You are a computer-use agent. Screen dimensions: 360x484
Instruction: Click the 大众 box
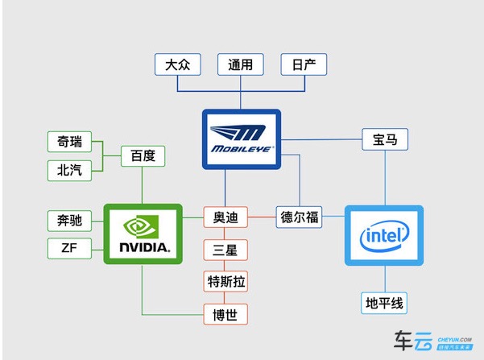click(177, 64)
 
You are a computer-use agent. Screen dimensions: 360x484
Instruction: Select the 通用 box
click(241, 64)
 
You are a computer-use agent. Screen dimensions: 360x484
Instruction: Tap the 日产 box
click(304, 64)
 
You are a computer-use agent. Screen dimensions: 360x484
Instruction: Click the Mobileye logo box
click(241, 139)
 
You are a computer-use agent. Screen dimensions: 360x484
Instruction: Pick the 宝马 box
click(385, 139)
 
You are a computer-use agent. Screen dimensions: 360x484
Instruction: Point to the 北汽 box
click(68, 169)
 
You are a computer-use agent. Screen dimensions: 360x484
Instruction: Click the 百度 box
click(143, 155)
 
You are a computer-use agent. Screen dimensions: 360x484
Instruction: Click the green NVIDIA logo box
click(143, 233)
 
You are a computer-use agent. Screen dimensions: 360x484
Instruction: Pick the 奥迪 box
click(225, 217)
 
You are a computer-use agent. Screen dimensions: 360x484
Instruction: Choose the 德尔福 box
click(299, 217)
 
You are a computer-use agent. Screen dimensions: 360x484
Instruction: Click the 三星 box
click(225, 249)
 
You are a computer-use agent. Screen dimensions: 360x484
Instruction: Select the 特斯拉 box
click(225, 281)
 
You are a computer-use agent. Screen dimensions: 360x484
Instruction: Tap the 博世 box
click(225, 313)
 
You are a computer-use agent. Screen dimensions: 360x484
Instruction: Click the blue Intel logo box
click(384, 234)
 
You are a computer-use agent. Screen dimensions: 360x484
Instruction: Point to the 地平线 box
click(385, 303)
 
